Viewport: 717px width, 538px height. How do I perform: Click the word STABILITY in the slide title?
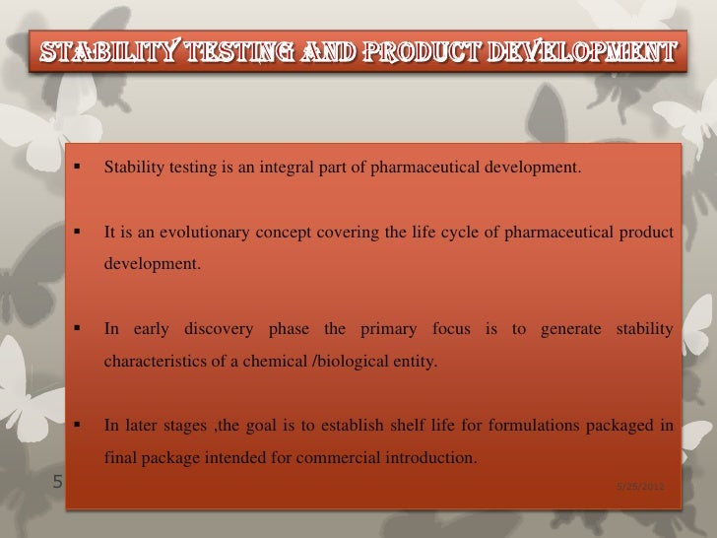(96, 51)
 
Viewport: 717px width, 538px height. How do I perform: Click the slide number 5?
(56, 483)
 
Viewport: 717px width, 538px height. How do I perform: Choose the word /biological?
(349, 362)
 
